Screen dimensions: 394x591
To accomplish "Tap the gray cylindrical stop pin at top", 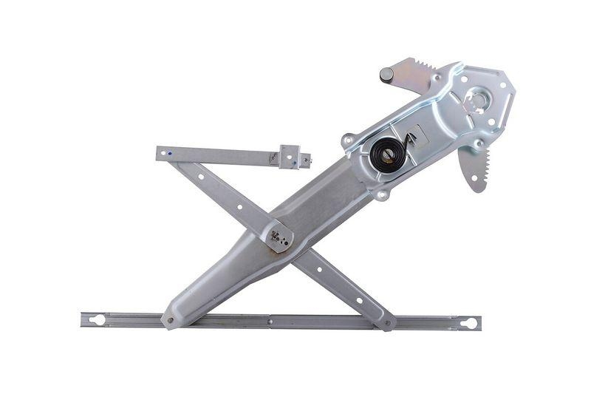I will pos(386,74).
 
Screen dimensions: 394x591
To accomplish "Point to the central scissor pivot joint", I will pos(278,237).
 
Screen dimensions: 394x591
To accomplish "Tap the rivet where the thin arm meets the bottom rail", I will pos(385,323).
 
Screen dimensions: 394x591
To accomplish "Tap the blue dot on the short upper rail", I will pos(170,154).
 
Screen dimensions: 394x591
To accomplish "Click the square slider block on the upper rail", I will pos(289,157).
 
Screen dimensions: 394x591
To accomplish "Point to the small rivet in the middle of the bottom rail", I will pos(270,322).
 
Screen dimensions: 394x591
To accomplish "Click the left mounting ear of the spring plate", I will pos(348,139).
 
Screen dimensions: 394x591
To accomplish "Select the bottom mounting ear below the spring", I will pos(380,194).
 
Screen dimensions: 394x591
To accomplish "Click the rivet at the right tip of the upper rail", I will pos(306,158).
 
